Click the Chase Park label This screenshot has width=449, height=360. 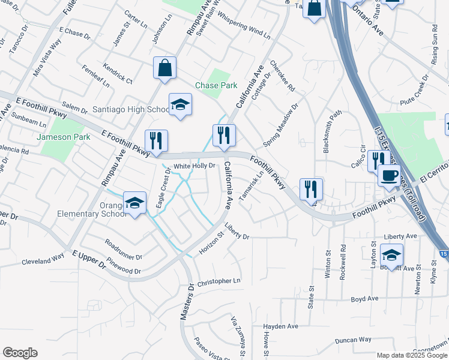pos(216,86)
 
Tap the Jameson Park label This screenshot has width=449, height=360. pos(64,137)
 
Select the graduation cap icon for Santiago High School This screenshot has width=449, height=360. pos(180,105)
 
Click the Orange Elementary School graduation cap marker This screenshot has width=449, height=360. pos(135,202)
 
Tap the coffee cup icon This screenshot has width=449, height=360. pos(389,175)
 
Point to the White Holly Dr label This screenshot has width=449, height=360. pos(194,166)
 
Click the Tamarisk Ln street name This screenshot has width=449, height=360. pos(252,186)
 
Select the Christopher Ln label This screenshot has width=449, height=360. pos(218,281)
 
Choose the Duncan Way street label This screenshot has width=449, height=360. pos(353,340)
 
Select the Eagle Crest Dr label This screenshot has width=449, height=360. pos(163,189)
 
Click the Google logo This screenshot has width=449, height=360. pos(20,353)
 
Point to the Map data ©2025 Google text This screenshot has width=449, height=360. pos(411,355)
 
